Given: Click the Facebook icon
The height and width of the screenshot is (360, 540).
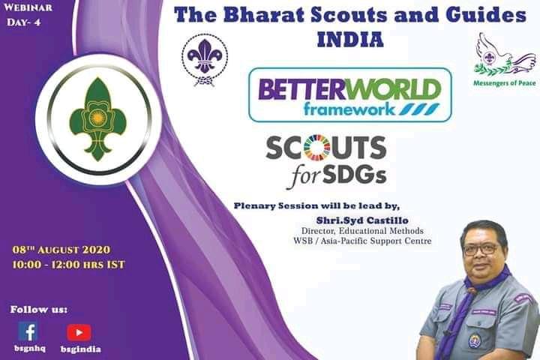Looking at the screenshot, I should point(28,331).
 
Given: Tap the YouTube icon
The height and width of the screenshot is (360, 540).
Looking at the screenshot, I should point(79,331).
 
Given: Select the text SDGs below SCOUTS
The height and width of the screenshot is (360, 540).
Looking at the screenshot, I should point(357,175).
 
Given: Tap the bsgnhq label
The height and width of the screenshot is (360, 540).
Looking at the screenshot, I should point(27,349).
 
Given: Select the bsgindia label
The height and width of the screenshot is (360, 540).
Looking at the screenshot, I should point(80,349).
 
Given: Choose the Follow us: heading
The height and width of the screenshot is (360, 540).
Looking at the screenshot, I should point(39,309).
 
